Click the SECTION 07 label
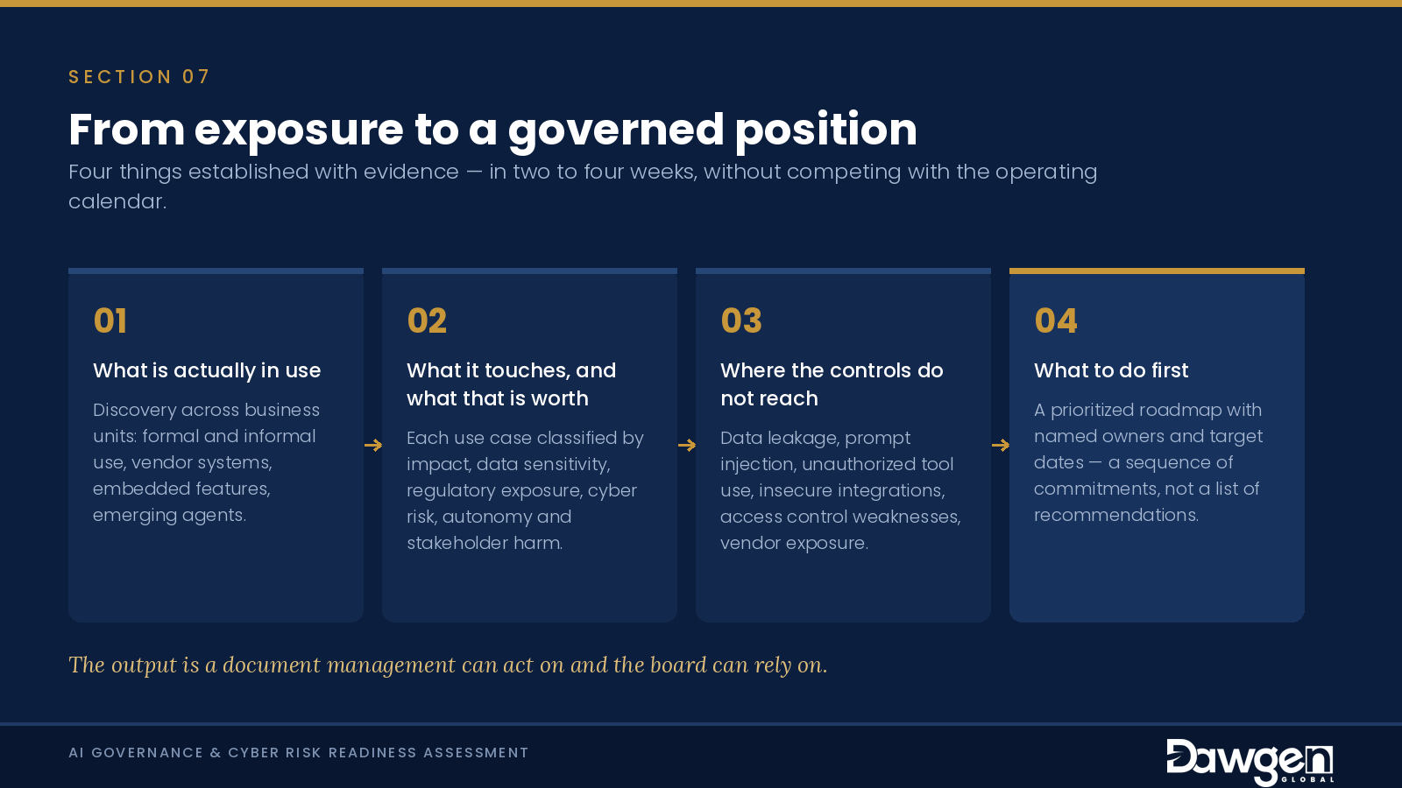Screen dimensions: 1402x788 [x=139, y=77]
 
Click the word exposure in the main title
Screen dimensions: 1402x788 [x=299, y=130]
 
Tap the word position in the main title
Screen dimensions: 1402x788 [x=825, y=130]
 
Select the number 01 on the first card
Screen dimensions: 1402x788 [x=110, y=320]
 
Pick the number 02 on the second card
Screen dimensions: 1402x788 [x=427, y=320]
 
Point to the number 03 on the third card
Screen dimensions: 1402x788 [x=741, y=320]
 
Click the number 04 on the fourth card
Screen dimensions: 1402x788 [x=1056, y=320]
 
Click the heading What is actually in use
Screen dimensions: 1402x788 [x=207, y=370]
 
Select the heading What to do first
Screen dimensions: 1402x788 [x=1111, y=370]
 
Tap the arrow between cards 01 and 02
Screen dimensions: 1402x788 [x=373, y=446]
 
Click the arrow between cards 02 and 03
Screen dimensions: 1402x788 [x=687, y=446]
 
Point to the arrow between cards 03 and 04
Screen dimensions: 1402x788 [x=1000, y=446]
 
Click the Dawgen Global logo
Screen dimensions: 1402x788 [x=1250, y=761]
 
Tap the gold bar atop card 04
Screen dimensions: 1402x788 [x=1157, y=271]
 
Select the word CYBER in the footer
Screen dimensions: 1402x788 [x=253, y=752]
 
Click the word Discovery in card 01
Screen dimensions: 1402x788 [x=135, y=411]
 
